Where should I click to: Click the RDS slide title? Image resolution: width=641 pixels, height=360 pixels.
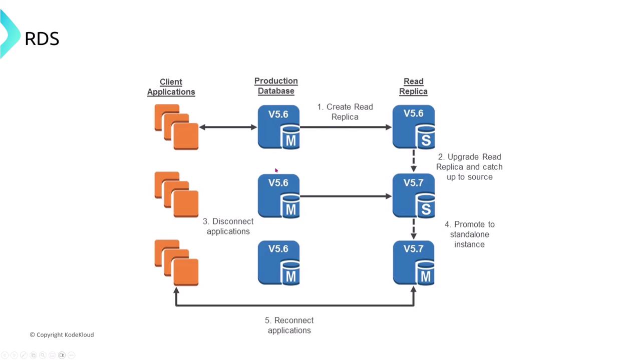(42, 38)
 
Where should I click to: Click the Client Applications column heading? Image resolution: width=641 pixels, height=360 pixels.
(171, 87)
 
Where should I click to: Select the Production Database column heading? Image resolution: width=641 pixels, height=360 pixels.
(276, 86)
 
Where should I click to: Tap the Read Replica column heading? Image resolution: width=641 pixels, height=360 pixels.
(413, 86)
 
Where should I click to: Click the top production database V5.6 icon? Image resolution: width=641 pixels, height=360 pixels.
(278, 127)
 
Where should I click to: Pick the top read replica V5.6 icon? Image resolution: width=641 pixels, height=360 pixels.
(413, 127)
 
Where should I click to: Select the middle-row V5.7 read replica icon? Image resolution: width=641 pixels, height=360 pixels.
(413, 195)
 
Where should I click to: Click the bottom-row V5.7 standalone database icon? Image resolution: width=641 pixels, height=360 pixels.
(413, 263)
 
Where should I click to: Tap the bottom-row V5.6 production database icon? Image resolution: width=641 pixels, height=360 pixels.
(278, 263)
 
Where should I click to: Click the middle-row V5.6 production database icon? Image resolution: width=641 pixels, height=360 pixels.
(278, 195)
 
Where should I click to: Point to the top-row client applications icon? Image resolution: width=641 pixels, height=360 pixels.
(176, 127)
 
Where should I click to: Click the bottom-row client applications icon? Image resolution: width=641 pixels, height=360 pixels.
(176, 263)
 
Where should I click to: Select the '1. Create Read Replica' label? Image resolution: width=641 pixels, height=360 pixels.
(345, 111)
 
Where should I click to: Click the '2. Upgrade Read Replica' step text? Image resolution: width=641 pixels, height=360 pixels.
(469, 166)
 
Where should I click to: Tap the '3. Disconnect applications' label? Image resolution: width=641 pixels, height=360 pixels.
(228, 226)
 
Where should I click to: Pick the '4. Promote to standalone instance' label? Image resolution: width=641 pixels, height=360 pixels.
(469, 234)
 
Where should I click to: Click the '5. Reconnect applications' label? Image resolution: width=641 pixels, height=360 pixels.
(289, 325)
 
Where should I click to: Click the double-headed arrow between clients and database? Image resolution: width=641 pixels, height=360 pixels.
(228, 127)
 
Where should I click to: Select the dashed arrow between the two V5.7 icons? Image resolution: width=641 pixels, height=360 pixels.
(413, 229)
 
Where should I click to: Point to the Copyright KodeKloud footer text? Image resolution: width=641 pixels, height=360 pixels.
(62, 334)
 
